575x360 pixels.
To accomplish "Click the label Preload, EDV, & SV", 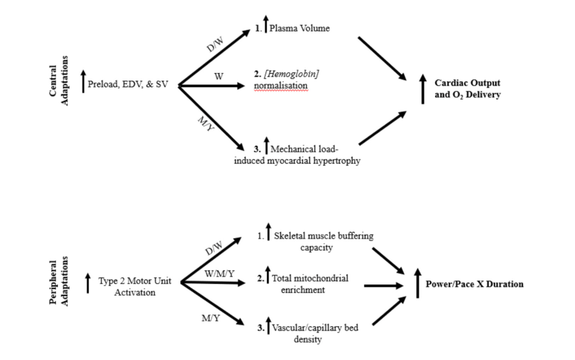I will [x=127, y=85].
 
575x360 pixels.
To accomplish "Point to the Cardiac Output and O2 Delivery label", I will [x=468, y=88].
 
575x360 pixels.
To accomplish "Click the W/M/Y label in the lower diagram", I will [x=219, y=274].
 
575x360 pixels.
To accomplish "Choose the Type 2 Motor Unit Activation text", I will [x=135, y=286].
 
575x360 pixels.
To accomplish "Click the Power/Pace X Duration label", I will [x=474, y=284].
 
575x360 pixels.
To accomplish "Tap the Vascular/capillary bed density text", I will [x=314, y=333].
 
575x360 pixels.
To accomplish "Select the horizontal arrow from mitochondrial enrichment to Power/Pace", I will [x=384, y=285].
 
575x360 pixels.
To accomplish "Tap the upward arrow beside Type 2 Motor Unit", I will [x=88, y=283].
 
